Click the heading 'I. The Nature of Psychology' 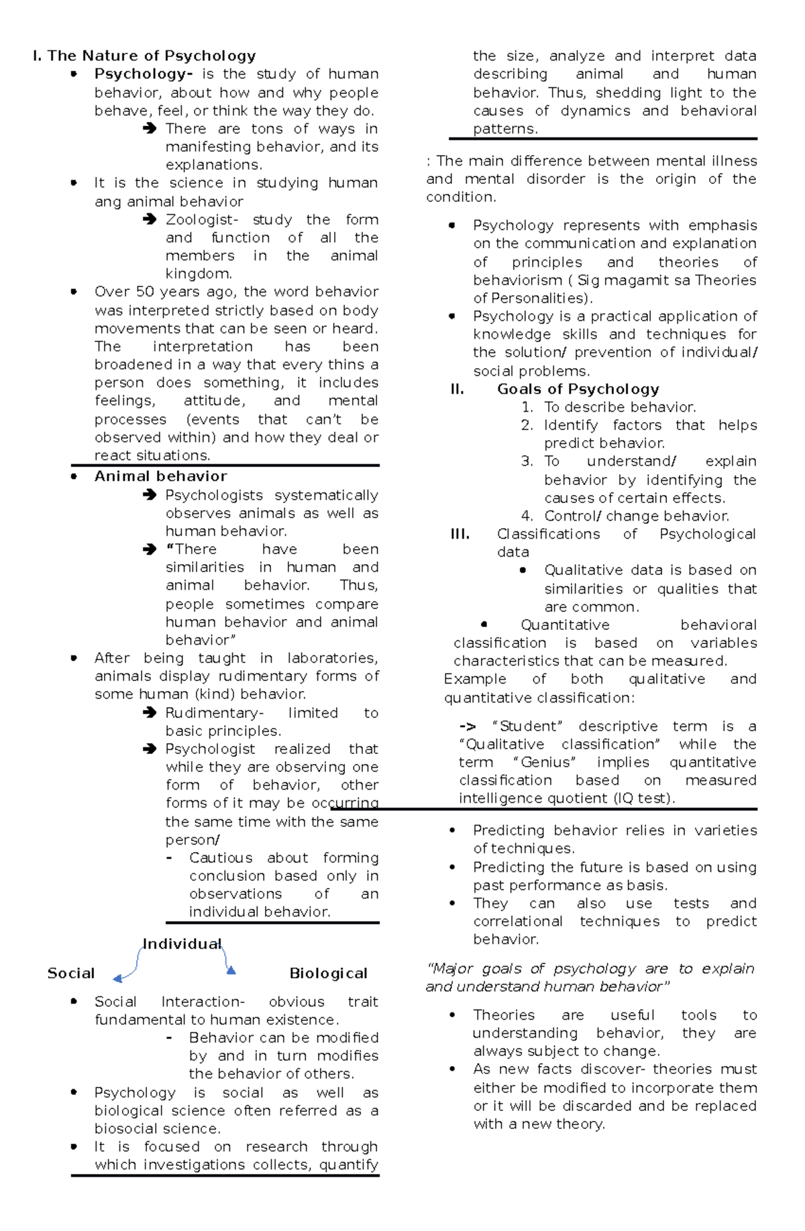[x=144, y=56]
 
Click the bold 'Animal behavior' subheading [x=160, y=476]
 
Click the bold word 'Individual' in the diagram [x=182, y=944]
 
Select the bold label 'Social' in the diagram [x=70, y=973]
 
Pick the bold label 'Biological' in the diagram [x=328, y=973]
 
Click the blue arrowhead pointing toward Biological [x=231, y=969]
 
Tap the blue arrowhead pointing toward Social [x=117, y=979]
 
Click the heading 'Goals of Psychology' [x=578, y=389]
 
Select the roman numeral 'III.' [x=460, y=534]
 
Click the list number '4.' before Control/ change [x=527, y=516]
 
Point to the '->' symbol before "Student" [x=468, y=727]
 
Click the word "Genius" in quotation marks [x=544, y=763]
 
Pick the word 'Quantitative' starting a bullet [x=565, y=625]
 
